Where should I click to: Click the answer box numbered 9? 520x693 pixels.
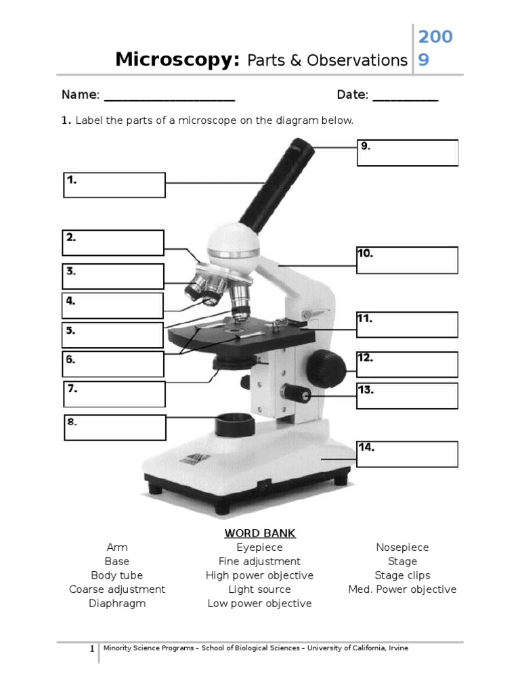click(408, 153)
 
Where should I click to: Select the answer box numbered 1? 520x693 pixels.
click(114, 185)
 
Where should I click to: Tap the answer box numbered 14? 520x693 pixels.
click(408, 454)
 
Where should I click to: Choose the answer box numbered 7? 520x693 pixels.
click(114, 394)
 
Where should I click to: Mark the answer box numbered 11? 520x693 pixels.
click(408, 325)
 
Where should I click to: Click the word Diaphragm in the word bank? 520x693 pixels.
click(117, 604)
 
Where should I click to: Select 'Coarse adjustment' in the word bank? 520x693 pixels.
click(117, 589)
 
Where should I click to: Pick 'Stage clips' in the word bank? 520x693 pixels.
click(402, 575)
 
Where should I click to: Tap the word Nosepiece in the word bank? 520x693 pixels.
click(402, 547)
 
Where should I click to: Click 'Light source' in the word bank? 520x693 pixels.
click(259, 589)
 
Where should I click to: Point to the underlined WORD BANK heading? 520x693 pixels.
click(260, 533)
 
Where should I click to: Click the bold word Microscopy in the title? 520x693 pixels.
click(177, 60)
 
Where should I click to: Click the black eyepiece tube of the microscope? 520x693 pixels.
click(278, 183)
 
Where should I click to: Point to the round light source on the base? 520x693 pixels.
click(235, 426)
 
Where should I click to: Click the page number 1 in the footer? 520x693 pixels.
click(92, 649)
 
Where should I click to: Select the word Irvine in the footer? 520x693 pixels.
click(397, 648)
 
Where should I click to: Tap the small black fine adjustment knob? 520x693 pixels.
click(296, 393)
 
